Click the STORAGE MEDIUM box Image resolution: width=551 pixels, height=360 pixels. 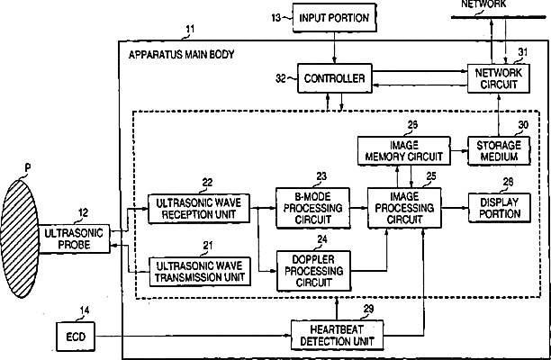tap(495, 150)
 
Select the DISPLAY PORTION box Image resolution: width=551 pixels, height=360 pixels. tap(496, 209)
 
